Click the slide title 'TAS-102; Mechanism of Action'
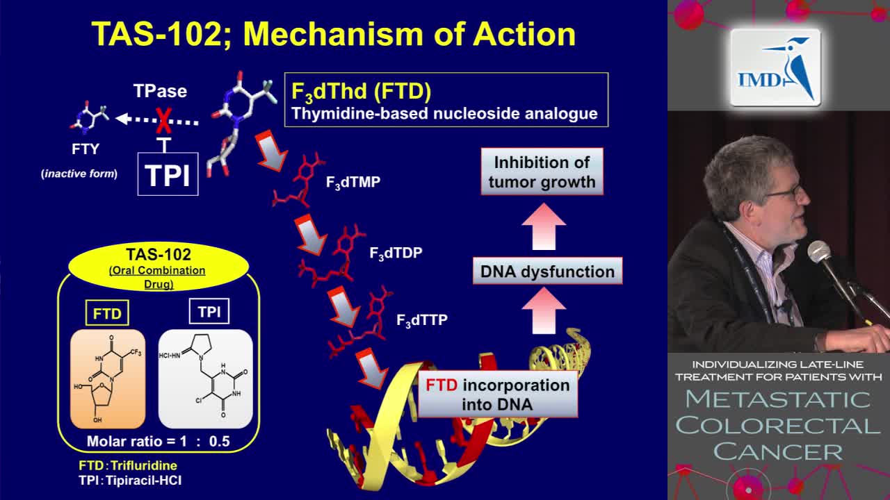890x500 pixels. [x=334, y=33]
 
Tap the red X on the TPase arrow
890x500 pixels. [x=163, y=121]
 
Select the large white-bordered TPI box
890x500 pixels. [x=168, y=175]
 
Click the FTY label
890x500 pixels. [x=86, y=149]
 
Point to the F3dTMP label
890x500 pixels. [x=353, y=183]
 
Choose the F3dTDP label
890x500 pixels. [x=395, y=253]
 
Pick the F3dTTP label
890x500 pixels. [x=421, y=320]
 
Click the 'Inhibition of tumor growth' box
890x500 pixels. [x=542, y=172]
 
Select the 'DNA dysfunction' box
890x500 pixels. [x=547, y=272]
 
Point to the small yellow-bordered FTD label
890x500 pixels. [x=107, y=314]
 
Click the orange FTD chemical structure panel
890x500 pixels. [x=108, y=379]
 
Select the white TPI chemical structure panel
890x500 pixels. [x=205, y=379]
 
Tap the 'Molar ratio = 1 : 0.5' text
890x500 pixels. [x=158, y=441]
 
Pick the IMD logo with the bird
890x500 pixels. [x=775, y=68]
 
